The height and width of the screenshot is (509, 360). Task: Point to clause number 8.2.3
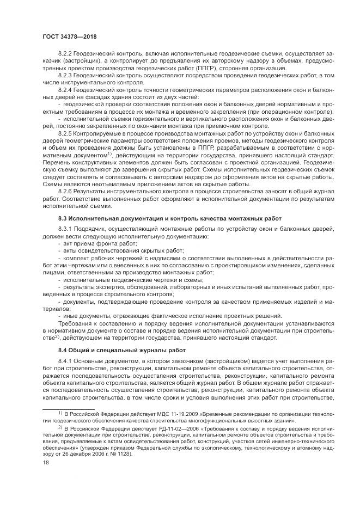click(x=66, y=77)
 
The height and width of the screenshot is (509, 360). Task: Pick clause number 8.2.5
click(x=66, y=133)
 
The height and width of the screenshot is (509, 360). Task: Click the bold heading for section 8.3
click(x=169, y=218)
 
